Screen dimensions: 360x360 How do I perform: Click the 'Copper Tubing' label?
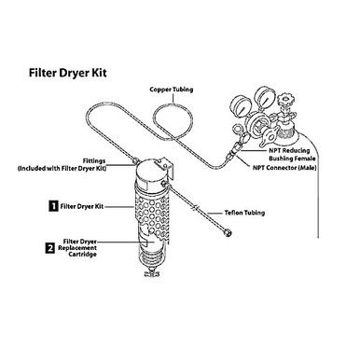click(x=172, y=89)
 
